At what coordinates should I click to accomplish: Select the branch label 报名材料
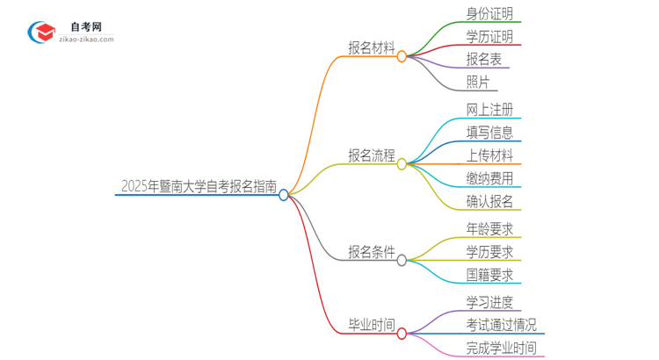pos(371,48)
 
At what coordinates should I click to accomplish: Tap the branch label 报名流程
pos(371,155)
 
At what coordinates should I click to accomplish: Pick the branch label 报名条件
pos(371,252)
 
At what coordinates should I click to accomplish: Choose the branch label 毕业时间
pos(371,325)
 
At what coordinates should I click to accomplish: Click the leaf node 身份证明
pos(489,14)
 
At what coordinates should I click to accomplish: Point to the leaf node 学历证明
pos(489,37)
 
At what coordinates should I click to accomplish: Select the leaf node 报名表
pos(484,60)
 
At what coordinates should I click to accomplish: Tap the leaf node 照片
pos(479,83)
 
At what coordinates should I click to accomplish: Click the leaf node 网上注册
pos(489,110)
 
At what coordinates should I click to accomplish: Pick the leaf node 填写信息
pos(489,133)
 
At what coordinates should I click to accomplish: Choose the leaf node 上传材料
pos(489,155)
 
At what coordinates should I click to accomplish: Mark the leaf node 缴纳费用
pos(489,178)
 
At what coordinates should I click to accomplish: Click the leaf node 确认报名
pos(489,201)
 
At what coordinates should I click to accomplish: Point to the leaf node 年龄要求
pos(489,229)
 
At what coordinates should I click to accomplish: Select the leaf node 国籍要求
pos(489,275)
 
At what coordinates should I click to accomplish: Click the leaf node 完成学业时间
pos(501,348)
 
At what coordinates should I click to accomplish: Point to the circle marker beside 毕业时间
pos(402,334)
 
